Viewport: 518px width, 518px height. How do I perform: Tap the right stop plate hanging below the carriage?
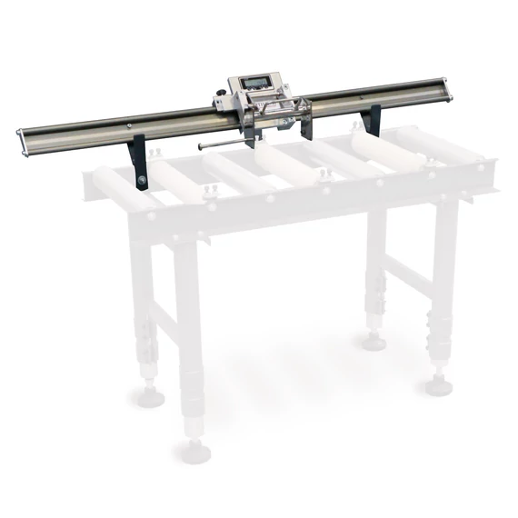tap(304, 125)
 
